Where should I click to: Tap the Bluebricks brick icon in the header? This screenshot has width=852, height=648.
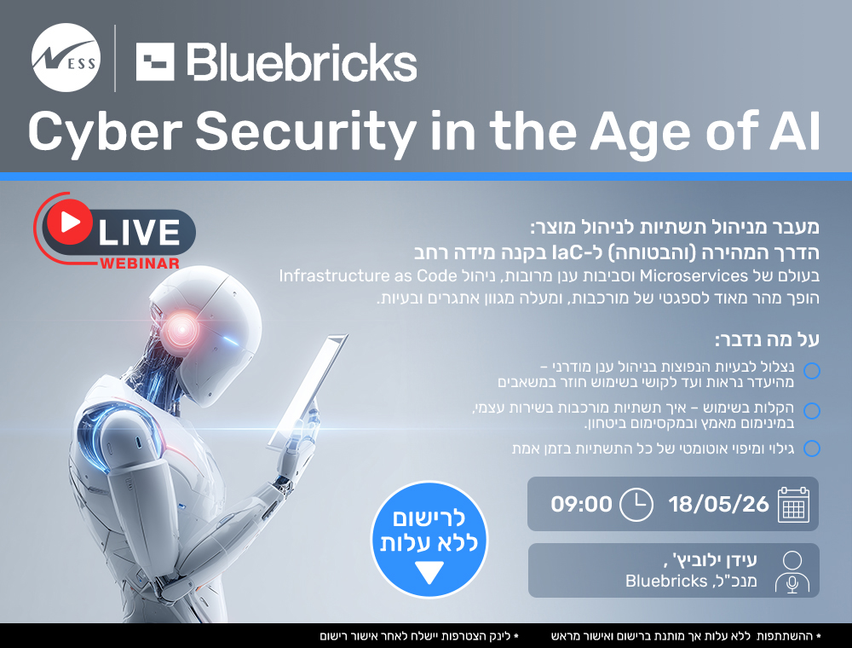coord(155,61)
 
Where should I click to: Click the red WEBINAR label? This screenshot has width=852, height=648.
coord(138,263)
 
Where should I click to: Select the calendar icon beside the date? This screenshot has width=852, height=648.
coord(792,504)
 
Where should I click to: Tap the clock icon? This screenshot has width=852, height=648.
coord(636,504)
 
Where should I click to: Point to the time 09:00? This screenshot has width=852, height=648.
coord(581,504)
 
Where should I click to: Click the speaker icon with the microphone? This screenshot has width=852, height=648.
coord(792,571)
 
